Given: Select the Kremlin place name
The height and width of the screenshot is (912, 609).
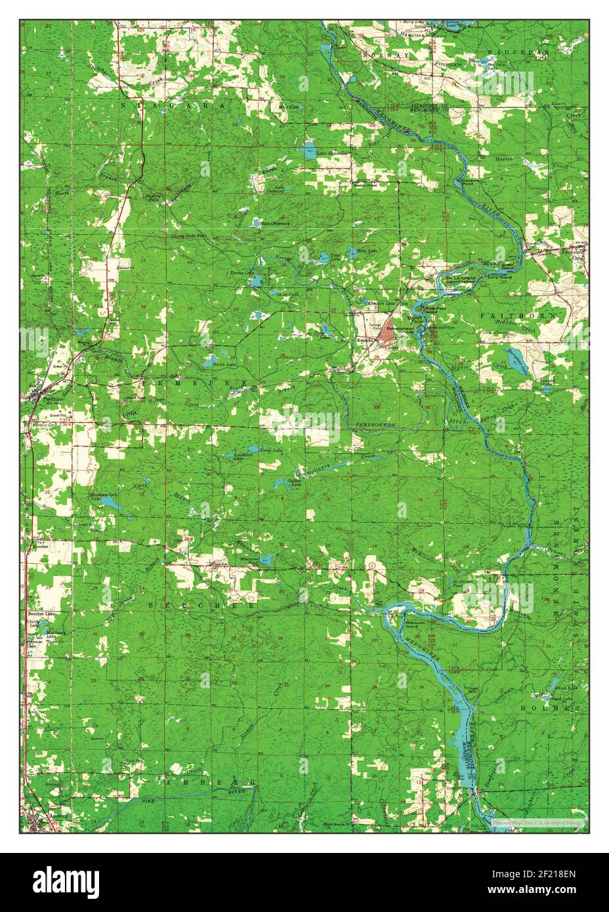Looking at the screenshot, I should [x=364, y=341].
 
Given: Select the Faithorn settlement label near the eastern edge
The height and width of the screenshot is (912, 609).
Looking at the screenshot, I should [x=572, y=251].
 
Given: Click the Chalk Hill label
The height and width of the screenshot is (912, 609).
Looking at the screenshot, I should [x=469, y=688].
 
